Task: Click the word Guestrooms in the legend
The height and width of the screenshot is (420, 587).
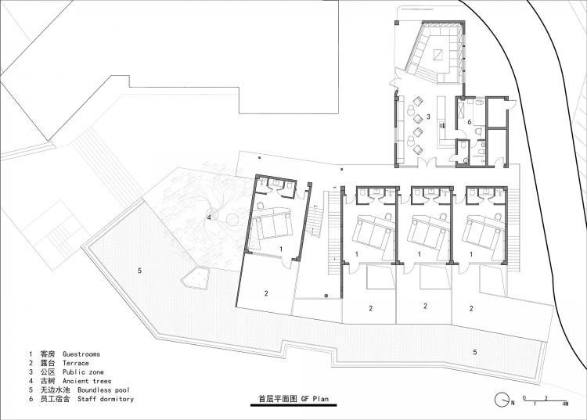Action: coord(81,354)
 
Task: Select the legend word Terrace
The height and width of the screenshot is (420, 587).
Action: coord(75,363)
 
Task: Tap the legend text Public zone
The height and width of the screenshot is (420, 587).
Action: coord(84,372)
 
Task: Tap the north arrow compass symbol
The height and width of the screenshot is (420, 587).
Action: coord(500,400)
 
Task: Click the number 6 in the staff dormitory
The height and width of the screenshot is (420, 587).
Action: coord(470,121)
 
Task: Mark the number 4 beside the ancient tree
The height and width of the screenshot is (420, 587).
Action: coord(209,216)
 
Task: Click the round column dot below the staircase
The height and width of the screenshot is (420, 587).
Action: coord(326,295)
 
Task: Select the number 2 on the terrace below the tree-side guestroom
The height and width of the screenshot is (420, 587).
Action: coord(266,293)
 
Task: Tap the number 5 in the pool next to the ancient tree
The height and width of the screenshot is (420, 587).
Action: coord(139,271)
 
